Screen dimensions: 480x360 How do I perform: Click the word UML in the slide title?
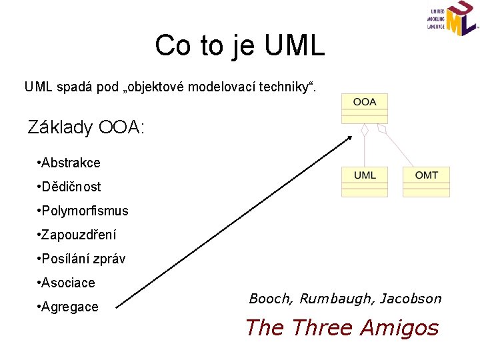294,46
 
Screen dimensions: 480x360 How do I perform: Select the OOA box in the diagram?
365,103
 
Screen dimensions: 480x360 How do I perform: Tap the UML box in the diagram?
365,176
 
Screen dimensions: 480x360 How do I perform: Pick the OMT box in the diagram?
426,176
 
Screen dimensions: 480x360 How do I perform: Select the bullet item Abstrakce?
70,163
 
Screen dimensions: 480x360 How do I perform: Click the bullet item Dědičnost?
70,187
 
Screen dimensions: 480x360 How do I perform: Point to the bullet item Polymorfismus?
83,211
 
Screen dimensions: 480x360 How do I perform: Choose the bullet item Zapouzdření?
78,235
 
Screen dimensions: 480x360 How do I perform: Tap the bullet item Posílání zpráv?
83,259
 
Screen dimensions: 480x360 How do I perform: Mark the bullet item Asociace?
67,283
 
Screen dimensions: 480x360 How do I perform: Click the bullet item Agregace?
69,307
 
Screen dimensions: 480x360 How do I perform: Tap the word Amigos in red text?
400,328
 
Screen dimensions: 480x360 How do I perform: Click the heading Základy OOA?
85,127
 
